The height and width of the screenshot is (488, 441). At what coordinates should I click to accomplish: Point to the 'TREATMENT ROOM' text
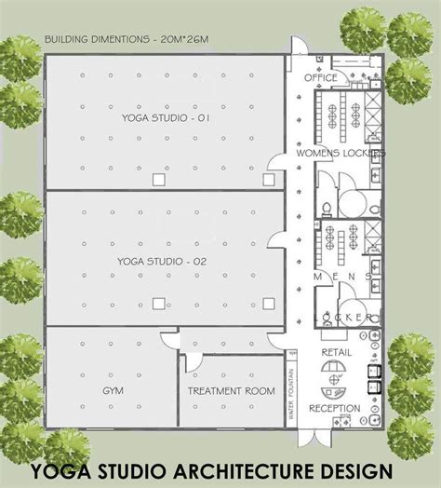click(x=232, y=392)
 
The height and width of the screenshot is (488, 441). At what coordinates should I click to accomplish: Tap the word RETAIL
click(x=336, y=354)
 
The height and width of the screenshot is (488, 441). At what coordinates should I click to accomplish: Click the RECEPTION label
click(x=336, y=407)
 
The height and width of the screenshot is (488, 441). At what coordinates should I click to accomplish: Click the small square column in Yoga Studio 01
click(x=157, y=178)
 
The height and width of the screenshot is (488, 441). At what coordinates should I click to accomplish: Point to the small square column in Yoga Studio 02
click(x=157, y=302)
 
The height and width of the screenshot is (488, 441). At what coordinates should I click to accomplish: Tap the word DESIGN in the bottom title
click(x=355, y=465)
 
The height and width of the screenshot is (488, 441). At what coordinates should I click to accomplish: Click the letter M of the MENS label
click(x=316, y=278)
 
